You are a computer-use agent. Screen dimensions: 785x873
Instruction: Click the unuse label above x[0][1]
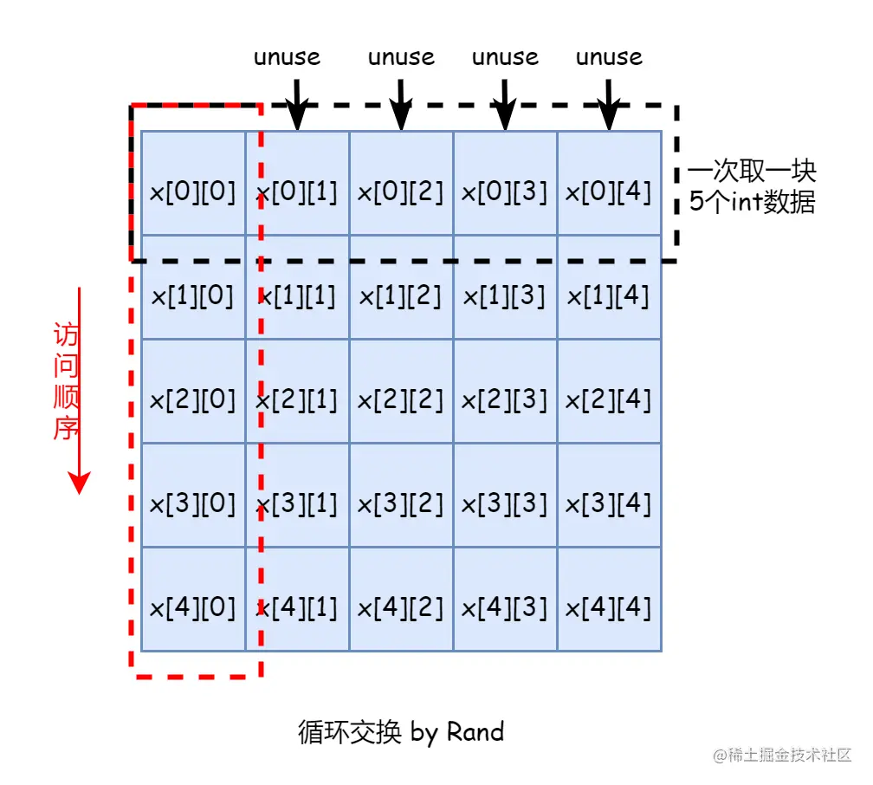pos(287,58)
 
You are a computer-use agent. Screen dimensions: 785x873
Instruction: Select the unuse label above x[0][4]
pos(610,58)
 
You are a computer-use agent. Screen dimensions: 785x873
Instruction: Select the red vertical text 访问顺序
pos(67,382)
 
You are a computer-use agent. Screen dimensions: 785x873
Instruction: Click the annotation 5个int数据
pos(752,203)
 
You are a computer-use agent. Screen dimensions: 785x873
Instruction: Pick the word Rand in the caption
pos(475,732)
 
